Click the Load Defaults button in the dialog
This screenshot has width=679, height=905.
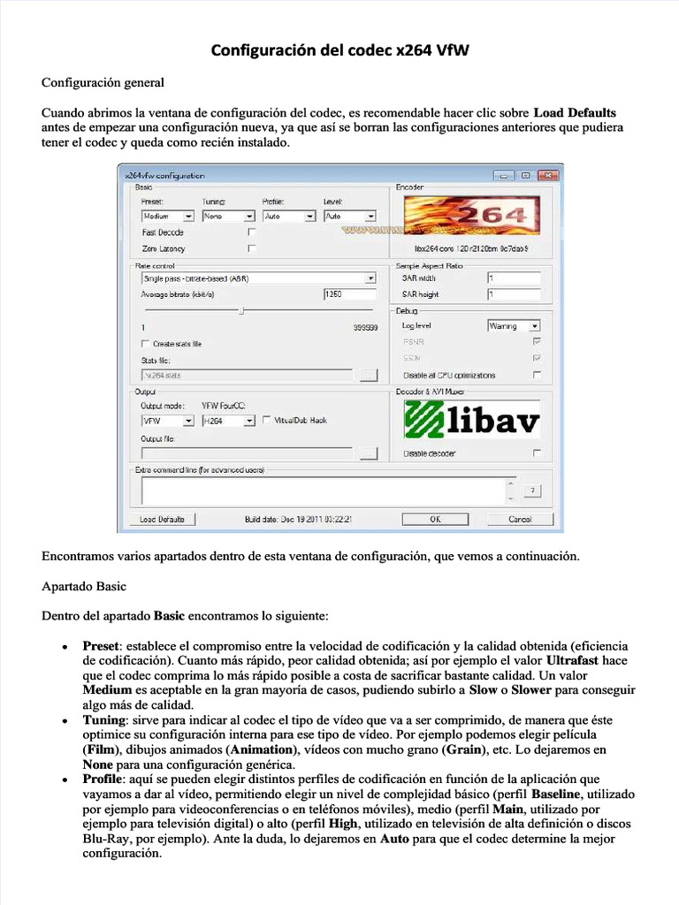[162, 520]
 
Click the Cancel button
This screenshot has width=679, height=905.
[520, 520]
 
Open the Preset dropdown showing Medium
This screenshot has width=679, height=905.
[168, 216]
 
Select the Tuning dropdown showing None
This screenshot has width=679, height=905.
[225, 216]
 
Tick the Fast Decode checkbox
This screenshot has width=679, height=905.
[252, 232]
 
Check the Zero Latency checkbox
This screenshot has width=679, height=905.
[252, 249]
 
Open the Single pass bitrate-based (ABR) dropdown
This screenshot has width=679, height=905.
[258, 278]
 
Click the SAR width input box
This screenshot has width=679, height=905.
[514, 278]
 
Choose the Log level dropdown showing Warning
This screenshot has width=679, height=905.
[514, 326]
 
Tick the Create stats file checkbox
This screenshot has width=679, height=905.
[146, 344]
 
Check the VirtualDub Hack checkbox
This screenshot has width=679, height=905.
[268, 421]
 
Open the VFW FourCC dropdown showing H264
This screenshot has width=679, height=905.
[225, 422]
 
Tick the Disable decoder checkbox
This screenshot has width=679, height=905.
[537, 453]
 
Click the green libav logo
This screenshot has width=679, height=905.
[471, 420]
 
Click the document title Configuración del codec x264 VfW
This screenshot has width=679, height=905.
[339, 50]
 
